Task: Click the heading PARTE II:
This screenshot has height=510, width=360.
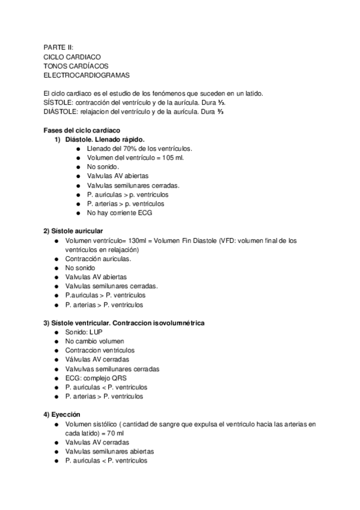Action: coord(58,47)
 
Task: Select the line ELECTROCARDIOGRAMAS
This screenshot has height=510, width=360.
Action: coord(86,76)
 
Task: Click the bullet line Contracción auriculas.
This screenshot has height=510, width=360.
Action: coord(98,259)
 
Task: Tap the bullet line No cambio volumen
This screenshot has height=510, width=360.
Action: coord(98,341)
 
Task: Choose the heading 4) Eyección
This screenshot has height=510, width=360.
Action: coord(61,414)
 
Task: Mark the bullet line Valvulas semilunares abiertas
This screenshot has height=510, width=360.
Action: coord(110,451)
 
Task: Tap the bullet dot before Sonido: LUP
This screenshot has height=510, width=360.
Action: coord(56,332)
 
